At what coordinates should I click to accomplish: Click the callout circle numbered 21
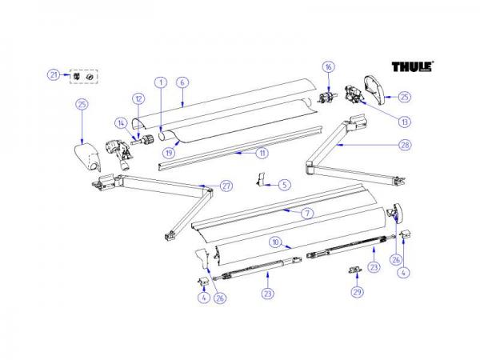[54, 75]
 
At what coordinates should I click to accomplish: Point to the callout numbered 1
[160, 82]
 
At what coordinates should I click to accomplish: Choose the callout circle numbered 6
[182, 82]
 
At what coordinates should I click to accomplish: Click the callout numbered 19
[170, 151]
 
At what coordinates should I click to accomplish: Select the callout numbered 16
[327, 66]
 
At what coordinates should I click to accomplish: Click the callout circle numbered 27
[226, 186]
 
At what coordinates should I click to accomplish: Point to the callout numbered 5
[285, 185]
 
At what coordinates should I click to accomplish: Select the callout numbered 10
[274, 241]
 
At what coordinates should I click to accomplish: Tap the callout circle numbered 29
[356, 294]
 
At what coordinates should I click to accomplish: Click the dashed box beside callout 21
[84, 75]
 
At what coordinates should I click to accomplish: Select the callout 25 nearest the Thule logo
[404, 96]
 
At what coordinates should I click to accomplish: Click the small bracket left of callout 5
[262, 181]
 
